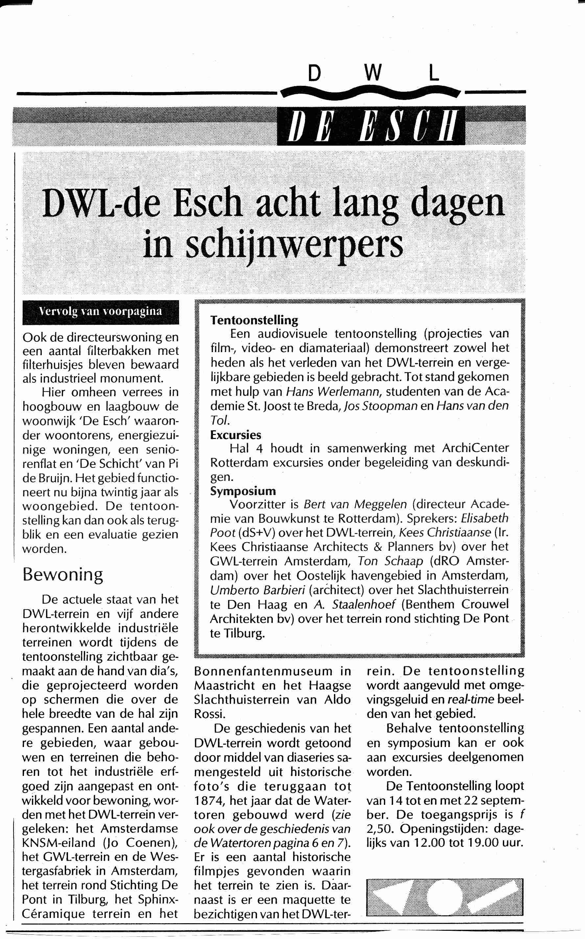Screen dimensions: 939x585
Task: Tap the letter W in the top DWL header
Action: point(373,73)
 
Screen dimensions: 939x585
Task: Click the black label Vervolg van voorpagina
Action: point(101,312)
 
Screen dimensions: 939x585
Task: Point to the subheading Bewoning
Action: point(63,575)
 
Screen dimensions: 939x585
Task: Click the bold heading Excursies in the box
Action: point(236,435)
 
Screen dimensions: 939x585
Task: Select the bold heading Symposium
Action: point(243,491)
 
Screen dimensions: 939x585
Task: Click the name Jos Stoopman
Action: point(381,406)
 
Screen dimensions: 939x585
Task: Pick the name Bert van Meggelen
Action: point(355,505)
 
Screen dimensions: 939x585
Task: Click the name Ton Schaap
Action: point(390,561)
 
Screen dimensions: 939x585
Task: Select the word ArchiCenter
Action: point(476,448)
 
